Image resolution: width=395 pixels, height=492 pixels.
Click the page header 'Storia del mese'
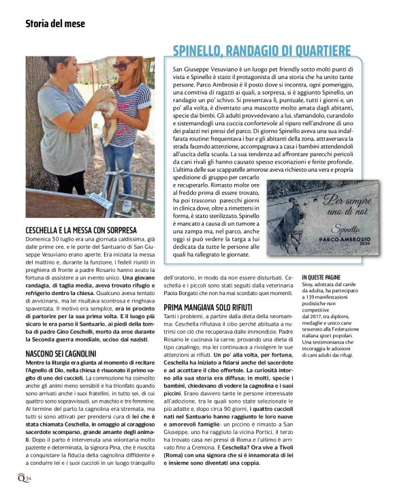click(x=55, y=23)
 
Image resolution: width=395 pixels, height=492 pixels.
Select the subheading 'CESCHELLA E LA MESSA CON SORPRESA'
click(x=81, y=230)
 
